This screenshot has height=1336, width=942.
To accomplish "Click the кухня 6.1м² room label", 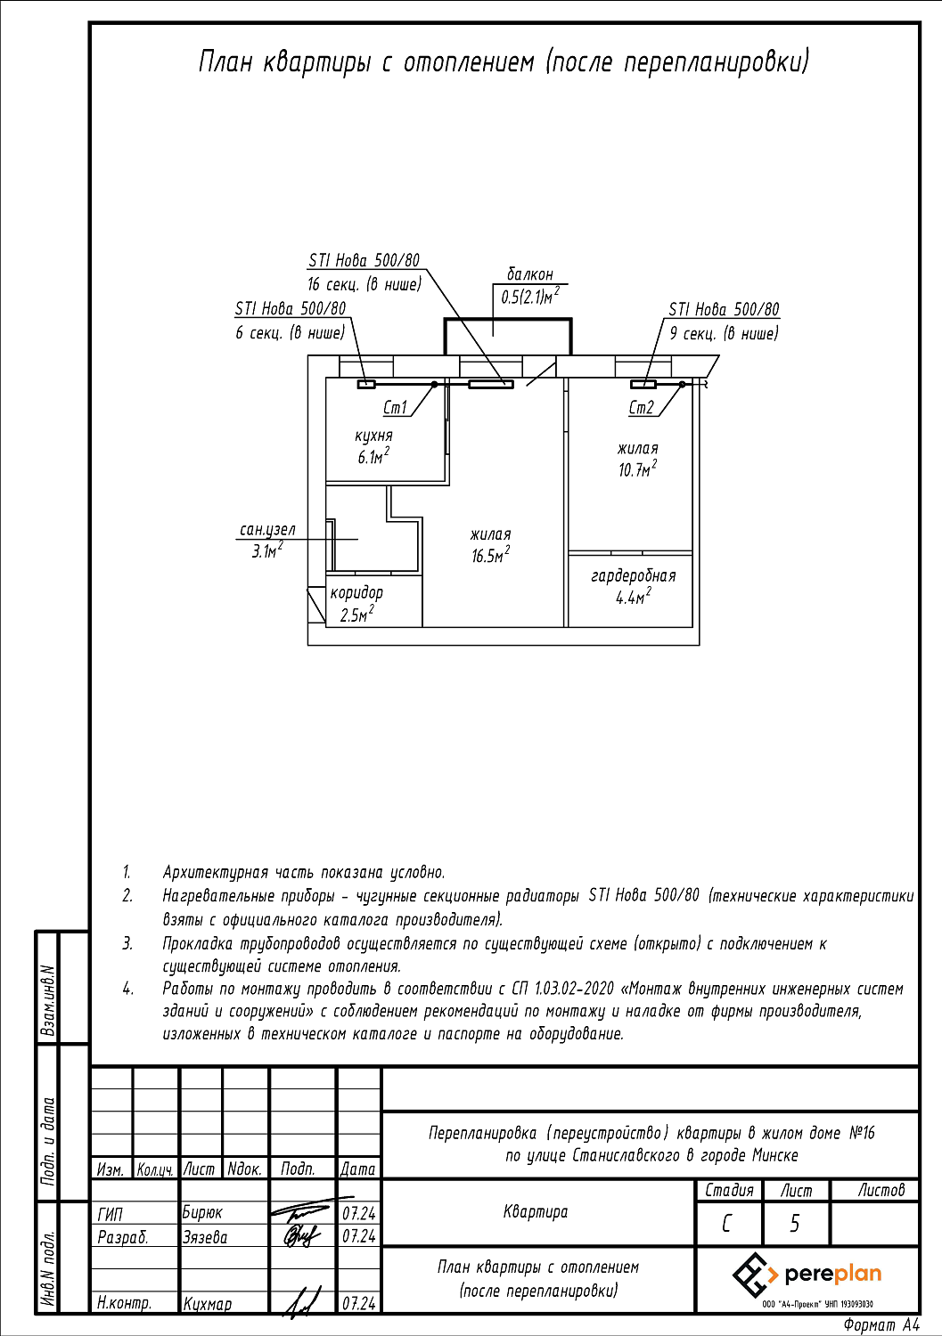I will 373,446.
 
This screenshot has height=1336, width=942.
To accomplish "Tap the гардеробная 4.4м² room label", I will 633,587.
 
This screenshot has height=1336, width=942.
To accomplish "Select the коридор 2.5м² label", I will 356,603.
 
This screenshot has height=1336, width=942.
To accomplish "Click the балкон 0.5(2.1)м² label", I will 530,286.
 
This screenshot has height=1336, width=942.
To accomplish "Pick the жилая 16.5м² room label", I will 490,545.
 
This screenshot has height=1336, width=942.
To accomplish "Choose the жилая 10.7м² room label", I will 638,459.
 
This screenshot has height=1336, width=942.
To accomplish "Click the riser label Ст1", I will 395,408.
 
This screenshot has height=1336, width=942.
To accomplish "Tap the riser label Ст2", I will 641,408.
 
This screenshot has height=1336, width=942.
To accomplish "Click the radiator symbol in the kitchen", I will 366,385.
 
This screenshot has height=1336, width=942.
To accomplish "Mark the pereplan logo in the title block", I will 807,1275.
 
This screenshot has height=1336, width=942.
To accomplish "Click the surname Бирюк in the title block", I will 202,1212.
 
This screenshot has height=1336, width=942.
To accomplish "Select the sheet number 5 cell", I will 795,1224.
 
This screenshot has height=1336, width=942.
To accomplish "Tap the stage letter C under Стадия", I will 727,1224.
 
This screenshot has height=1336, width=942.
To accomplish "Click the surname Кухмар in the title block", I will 208,1304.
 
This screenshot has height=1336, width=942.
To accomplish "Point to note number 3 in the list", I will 127,943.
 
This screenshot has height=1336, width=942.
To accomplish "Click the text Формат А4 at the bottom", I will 881,1325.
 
